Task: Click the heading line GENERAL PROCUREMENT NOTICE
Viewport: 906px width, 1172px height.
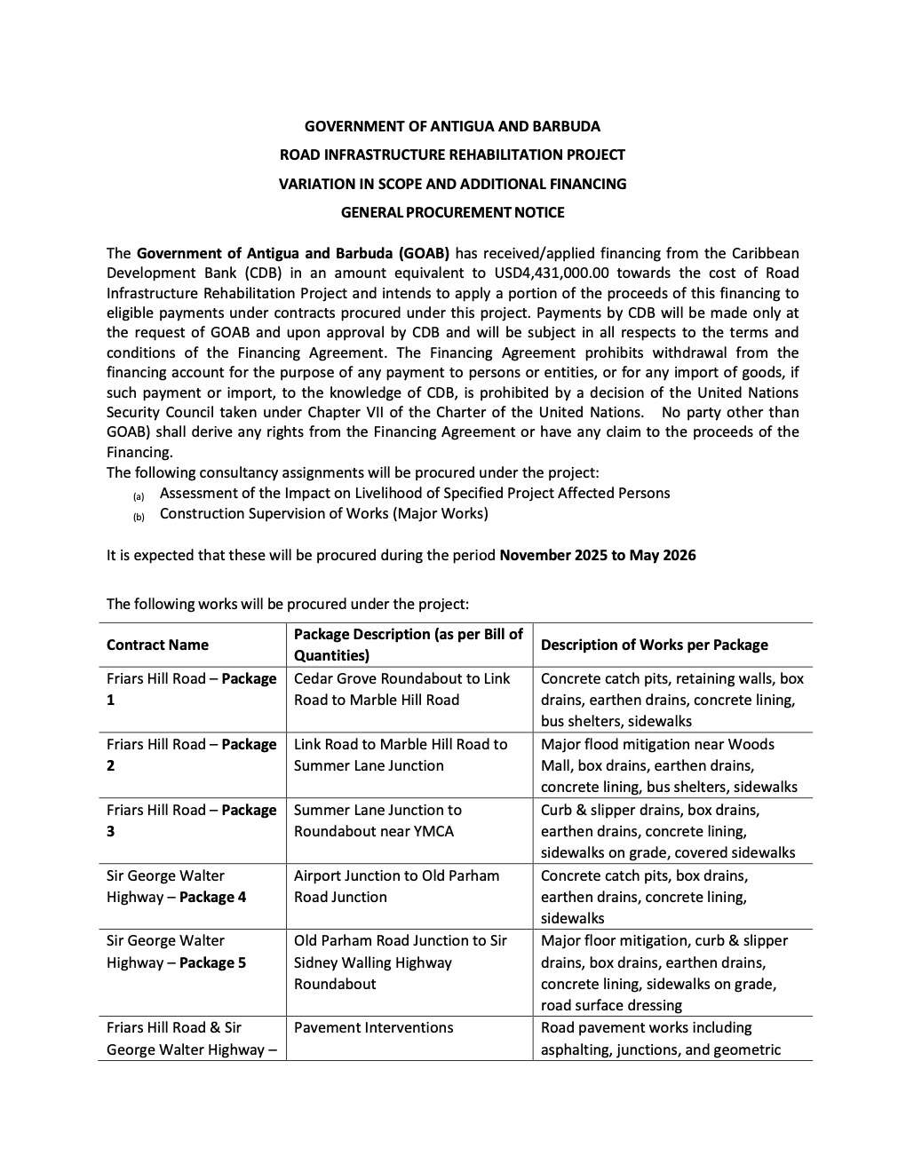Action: (x=452, y=212)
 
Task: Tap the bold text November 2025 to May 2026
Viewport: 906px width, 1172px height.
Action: (x=597, y=556)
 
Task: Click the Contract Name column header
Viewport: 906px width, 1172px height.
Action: (x=157, y=645)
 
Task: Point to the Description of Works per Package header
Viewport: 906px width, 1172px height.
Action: (x=654, y=645)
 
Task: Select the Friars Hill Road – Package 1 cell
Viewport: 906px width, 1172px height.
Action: (x=191, y=689)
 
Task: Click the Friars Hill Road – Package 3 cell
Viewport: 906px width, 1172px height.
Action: (x=191, y=820)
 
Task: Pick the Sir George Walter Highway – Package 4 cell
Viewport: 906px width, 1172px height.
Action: (x=177, y=886)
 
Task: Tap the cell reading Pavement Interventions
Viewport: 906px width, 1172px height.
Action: (x=373, y=1028)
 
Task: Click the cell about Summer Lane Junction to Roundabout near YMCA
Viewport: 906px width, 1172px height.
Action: (x=377, y=820)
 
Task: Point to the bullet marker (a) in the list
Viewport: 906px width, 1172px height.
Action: (x=139, y=496)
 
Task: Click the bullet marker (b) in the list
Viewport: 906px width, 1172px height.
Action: (x=139, y=517)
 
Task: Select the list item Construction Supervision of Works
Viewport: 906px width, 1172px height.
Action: (x=323, y=514)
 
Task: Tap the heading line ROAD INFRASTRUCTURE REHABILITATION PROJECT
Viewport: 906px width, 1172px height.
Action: (x=452, y=154)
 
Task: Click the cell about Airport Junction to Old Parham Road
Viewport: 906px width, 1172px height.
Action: (x=396, y=886)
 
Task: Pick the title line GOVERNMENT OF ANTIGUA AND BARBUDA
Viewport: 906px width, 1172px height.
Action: (x=452, y=126)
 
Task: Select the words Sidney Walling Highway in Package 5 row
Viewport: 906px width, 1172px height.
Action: (x=373, y=962)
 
